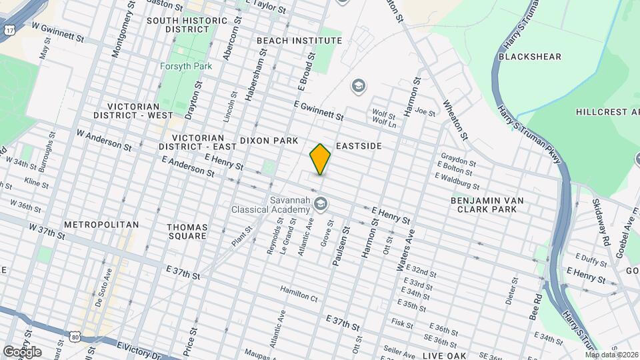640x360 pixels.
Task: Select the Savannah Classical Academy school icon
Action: tap(321, 202)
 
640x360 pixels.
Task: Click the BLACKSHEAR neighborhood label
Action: tap(530, 57)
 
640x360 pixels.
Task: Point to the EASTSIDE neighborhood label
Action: tap(359, 145)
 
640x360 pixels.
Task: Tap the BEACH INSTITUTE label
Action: tap(299, 41)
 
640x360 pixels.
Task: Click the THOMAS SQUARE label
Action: tap(187, 231)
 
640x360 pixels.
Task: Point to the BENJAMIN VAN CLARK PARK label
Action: tap(487, 204)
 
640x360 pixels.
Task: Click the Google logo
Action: tap(22, 351)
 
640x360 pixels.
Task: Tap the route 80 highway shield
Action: tap(75, 337)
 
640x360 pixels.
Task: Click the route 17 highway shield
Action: tap(9, 30)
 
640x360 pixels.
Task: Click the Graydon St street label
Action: tap(457, 163)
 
